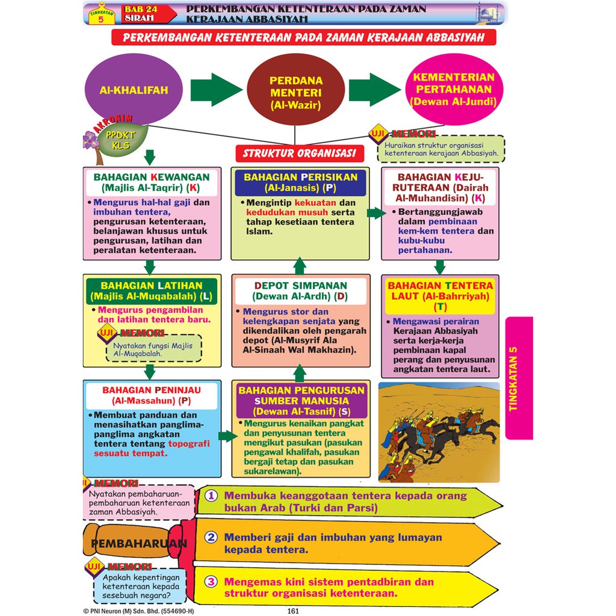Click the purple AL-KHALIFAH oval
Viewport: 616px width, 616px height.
(x=134, y=89)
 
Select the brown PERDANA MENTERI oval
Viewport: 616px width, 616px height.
(x=295, y=89)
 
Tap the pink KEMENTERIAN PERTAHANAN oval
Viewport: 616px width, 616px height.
(x=454, y=89)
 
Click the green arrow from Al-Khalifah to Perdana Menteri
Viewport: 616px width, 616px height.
(x=216, y=89)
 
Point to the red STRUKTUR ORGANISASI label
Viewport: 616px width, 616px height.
(x=300, y=153)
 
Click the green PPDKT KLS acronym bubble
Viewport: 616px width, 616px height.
(x=121, y=140)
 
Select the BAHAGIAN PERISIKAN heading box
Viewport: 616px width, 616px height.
(x=301, y=183)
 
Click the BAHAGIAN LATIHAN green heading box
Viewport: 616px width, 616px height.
(x=152, y=291)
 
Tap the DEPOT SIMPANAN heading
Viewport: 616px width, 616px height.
(x=301, y=291)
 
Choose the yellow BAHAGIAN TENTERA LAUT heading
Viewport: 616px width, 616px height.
(x=440, y=296)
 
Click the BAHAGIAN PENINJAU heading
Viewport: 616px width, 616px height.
(x=152, y=396)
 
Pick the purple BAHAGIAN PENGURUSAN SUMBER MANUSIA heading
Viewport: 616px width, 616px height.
(x=301, y=401)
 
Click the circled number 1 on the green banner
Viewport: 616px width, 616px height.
(x=211, y=496)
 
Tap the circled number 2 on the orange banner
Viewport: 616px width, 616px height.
(x=211, y=537)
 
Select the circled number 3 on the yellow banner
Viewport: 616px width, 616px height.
(x=211, y=582)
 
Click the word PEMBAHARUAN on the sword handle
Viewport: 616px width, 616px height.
(x=139, y=544)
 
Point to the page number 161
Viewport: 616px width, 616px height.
(x=293, y=611)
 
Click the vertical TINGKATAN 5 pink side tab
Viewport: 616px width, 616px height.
(x=519, y=378)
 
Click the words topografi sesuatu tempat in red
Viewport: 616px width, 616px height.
(x=152, y=449)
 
